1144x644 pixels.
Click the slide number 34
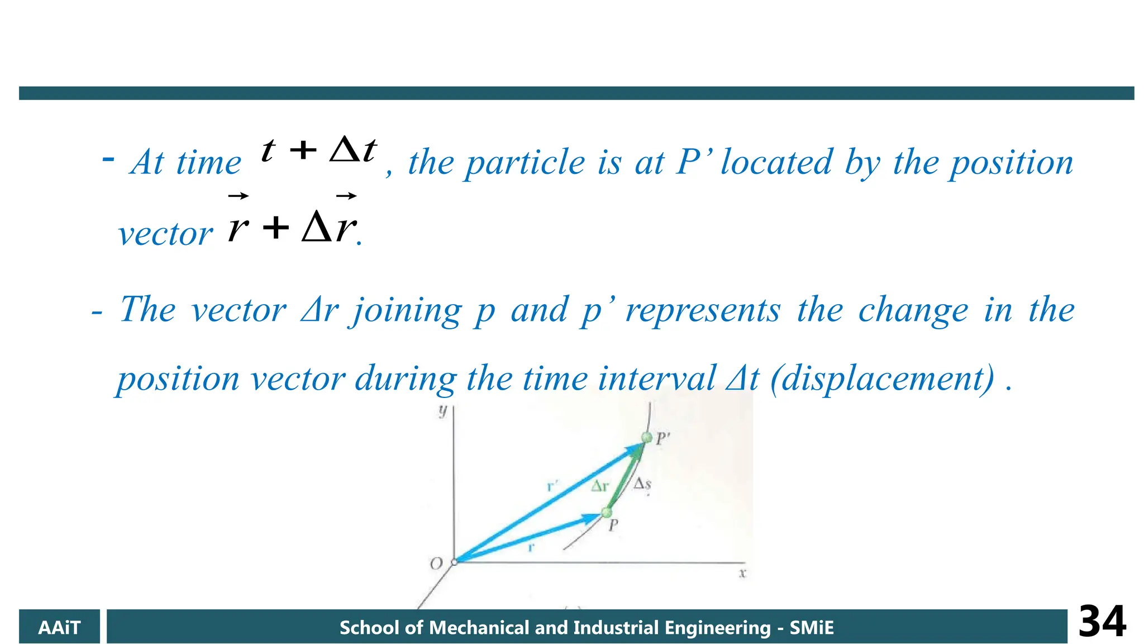(x=1102, y=622)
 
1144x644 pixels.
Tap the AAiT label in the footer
(x=59, y=628)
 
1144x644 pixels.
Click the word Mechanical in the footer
(x=478, y=628)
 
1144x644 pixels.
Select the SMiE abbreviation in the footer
(x=811, y=628)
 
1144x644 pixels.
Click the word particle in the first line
(x=526, y=163)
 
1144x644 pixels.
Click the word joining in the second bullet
(x=407, y=310)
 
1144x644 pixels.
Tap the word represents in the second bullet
(x=702, y=310)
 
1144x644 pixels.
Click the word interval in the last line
(x=656, y=378)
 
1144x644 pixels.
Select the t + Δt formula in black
(x=319, y=150)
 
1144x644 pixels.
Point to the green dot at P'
(x=646, y=438)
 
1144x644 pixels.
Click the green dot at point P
(x=607, y=512)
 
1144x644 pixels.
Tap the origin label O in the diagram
(x=436, y=563)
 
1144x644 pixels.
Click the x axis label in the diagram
(x=742, y=573)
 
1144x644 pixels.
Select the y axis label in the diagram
(x=443, y=411)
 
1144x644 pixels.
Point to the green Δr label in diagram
(x=600, y=486)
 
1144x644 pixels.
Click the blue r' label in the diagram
(x=552, y=486)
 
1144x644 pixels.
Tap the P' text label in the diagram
(x=662, y=439)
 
